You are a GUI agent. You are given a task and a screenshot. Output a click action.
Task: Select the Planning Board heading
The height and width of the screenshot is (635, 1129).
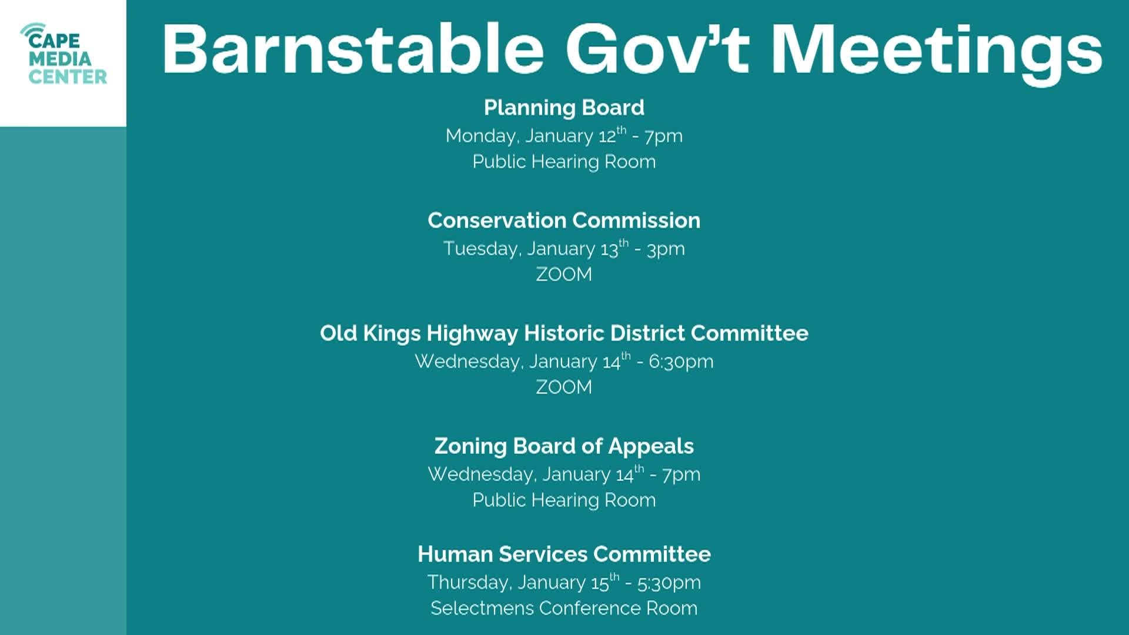(x=564, y=108)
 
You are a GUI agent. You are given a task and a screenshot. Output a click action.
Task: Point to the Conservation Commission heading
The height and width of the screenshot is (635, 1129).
(x=564, y=220)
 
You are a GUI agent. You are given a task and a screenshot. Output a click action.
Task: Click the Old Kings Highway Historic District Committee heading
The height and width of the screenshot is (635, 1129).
(x=564, y=333)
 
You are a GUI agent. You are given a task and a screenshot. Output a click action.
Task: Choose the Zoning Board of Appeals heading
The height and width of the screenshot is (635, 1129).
(x=564, y=446)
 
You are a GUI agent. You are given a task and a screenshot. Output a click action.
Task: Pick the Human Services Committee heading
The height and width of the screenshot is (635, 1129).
(x=564, y=554)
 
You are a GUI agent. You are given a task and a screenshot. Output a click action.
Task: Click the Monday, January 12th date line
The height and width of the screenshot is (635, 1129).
(x=564, y=136)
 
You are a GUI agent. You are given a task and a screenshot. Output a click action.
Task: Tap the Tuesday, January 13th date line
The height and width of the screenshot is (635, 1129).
(x=564, y=249)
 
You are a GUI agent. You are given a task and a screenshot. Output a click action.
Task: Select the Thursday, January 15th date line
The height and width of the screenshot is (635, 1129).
(x=564, y=582)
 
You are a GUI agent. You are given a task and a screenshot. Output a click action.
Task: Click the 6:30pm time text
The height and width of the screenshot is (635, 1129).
(x=681, y=362)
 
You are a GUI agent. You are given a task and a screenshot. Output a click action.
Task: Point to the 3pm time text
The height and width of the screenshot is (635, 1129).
(x=666, y=249)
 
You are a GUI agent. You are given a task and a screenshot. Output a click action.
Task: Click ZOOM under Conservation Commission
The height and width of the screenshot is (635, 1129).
(x=564, y=275)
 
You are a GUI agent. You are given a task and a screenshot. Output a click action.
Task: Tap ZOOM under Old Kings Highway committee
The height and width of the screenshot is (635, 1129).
(x=564, y=387)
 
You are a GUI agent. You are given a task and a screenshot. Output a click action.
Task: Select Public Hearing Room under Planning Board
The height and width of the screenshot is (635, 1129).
(x=564, y=162)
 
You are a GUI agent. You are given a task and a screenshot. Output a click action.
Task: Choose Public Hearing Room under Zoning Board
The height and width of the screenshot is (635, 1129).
(x=564, y=500)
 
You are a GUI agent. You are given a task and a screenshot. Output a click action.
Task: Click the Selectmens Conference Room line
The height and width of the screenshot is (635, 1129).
(x=564, y=608)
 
